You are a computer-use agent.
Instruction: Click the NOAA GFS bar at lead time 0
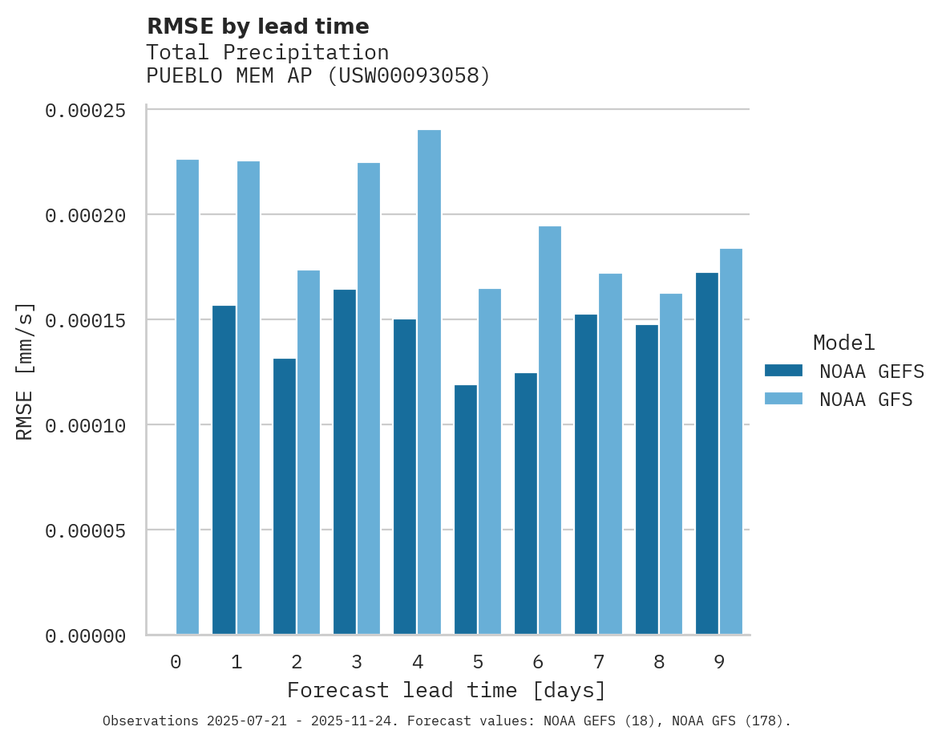click(x=188, y=397)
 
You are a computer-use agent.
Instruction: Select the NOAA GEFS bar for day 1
click(x=224, y=470)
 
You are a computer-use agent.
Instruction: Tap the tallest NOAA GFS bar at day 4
click(x=429, y=382)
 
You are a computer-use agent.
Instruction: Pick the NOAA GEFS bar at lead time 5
click(x=466, y=510)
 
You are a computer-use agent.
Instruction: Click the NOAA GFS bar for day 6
click(x=550, y=430)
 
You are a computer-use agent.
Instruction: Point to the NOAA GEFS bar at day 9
click(x=707, y=453)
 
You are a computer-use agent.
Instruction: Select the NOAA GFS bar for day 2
click(x=309, y=453)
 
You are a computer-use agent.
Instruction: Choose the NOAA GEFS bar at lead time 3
click(x=345, y=462)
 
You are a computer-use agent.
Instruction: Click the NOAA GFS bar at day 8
click(x=671, y=464)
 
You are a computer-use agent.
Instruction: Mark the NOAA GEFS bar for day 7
click(x=587, y=474)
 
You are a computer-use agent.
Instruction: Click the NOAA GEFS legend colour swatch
click(x=783, y=371)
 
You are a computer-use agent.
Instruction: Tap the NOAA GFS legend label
click(x=866, y=400)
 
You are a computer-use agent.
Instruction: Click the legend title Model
click(x=843, y=343)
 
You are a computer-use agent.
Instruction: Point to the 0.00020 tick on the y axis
click(x=86, y=215)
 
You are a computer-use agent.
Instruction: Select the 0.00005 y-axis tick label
click(x=86, y=530)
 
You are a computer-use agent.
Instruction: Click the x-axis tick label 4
click(x=418, y=662)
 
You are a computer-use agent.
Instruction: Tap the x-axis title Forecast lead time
click(x=447, y=690)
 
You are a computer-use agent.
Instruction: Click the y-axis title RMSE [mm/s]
click(x=26, y=371)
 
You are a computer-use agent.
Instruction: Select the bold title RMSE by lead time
click(x=258, y=26)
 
